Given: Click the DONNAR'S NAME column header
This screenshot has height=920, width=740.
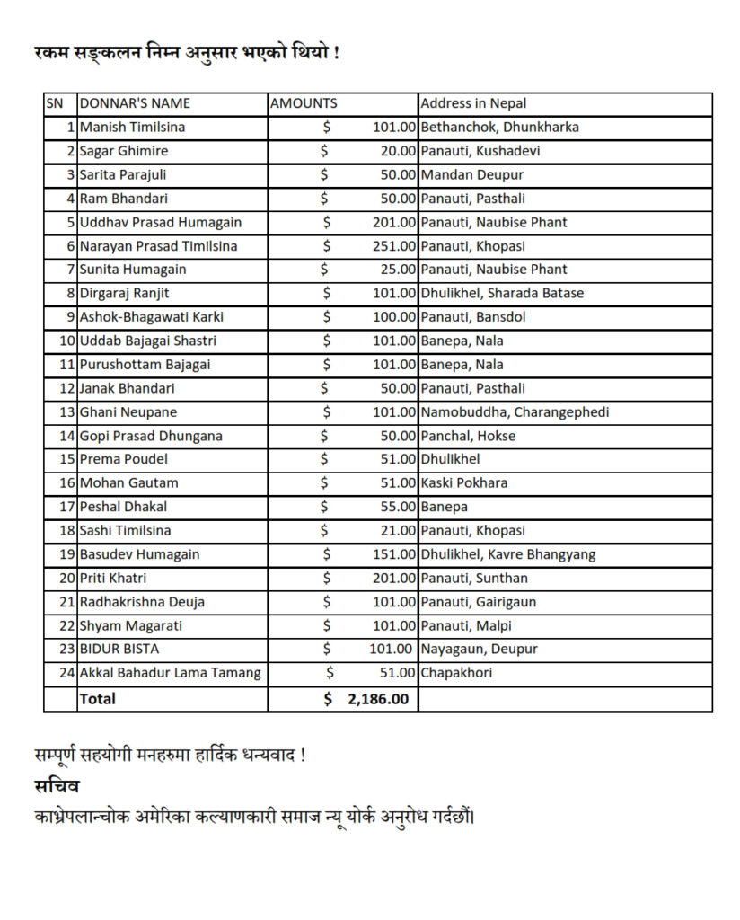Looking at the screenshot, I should [x=135, y=103].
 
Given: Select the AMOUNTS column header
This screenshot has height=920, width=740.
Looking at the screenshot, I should [x=304, y=103].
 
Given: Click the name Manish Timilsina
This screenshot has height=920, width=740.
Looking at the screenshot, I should [x=132, y=128].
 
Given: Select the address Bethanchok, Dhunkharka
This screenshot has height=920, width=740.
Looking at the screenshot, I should [x=499, y=128].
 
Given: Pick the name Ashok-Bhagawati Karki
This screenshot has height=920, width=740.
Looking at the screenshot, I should [x=152, y=317].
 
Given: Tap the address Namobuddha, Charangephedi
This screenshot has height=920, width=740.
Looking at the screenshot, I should [x=515, y=412].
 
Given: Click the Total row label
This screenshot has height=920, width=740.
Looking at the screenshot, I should [x=98, y=698].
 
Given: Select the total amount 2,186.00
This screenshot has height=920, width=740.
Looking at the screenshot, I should [x=377, y=698].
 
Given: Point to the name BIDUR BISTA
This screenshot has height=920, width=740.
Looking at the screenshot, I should [x=119, y=649].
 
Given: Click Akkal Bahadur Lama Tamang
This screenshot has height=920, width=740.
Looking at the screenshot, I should [x=171, y=673].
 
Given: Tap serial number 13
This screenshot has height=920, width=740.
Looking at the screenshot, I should [x=66, y=412].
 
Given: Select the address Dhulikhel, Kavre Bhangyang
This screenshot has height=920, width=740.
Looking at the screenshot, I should [x=507, y=554].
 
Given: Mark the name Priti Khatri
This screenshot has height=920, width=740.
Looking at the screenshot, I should [x=113, y=578].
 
